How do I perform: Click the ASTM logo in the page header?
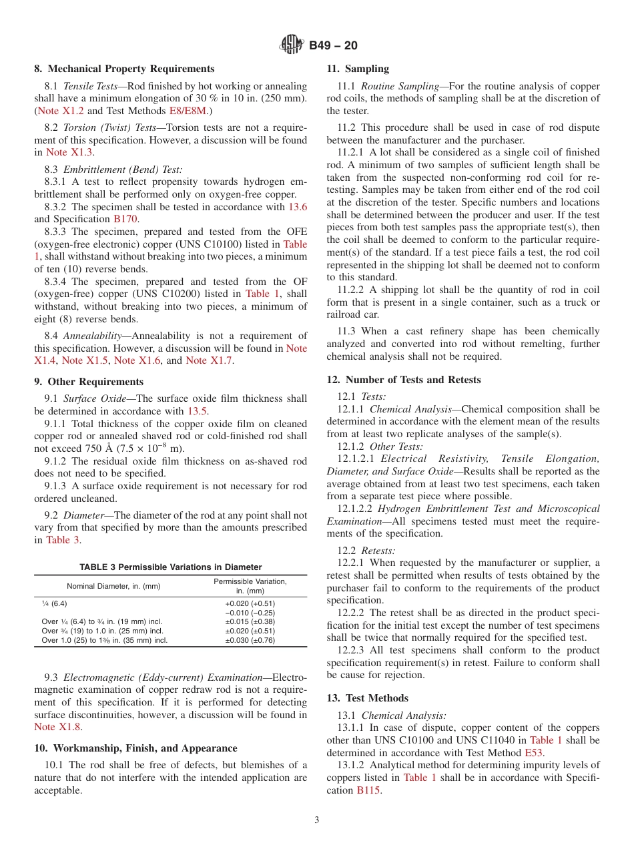pos(292,45)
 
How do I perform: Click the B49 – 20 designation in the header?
pos(333,45)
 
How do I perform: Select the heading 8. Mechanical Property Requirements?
pos(124,69)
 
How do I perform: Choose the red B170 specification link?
pos(124,219)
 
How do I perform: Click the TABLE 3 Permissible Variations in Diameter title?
pos(171,567)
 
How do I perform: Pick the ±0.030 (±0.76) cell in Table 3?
pos(250,640)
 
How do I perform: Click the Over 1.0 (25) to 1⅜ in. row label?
pos(105,640)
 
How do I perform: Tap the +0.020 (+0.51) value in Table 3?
pos(250,603)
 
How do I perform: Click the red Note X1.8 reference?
pos(57,727)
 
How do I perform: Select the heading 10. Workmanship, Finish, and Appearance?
pos(135,748)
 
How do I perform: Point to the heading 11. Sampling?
pos(358,69)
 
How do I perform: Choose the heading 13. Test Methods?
pos(367,698)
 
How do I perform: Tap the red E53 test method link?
pos(533,752)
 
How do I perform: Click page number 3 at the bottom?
pos(317,820)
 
